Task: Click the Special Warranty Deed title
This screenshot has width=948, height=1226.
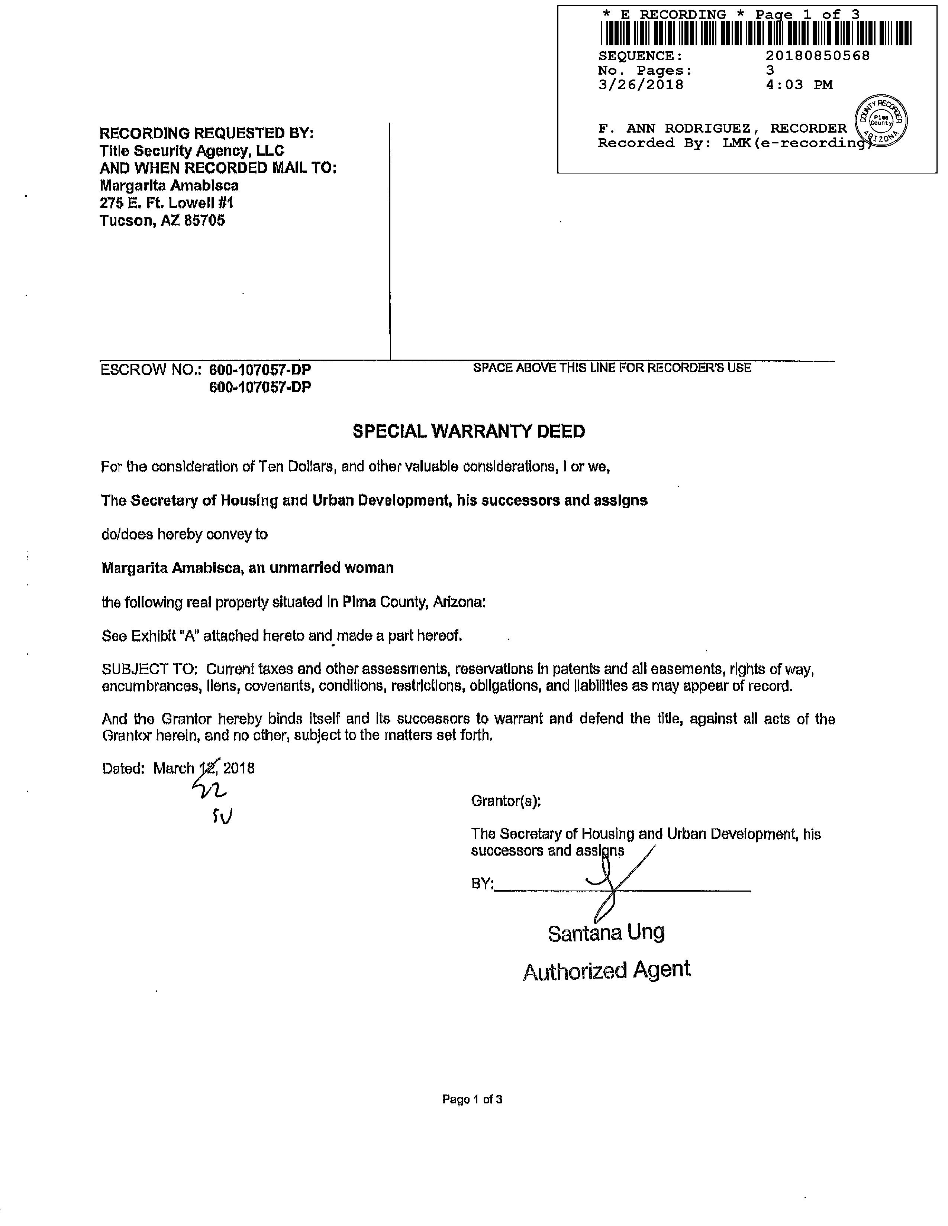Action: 468,431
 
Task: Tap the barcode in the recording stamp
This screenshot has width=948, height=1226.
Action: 755,34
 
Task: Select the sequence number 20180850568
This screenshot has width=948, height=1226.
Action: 817,56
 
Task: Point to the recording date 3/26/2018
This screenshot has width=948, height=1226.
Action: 641,85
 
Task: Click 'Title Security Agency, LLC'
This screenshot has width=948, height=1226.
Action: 191,150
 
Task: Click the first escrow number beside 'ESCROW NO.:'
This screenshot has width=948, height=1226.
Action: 260,370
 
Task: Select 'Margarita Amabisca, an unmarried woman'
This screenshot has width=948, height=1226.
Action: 247,568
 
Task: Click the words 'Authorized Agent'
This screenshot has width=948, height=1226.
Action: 607,970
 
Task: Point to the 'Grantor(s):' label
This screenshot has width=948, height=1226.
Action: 506,801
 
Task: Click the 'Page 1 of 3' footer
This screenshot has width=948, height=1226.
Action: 472,1099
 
